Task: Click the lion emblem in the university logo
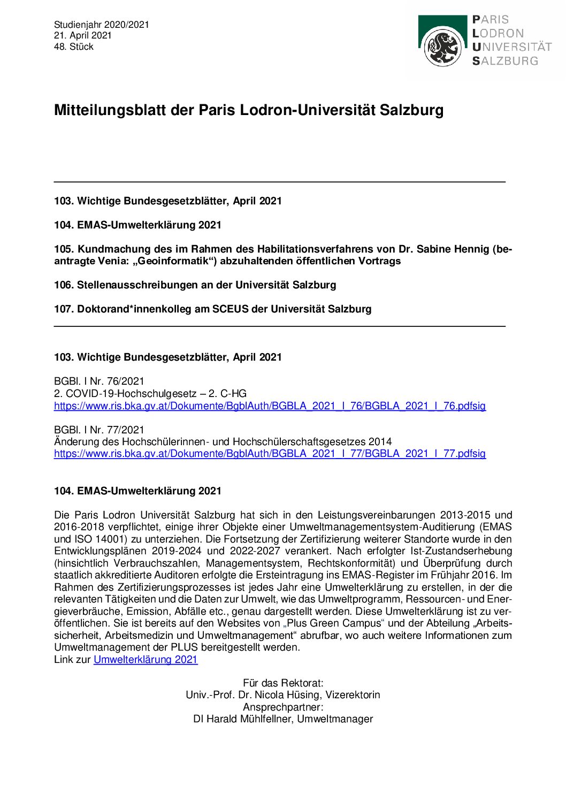point(442,48)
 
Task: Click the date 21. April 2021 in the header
point(82,35)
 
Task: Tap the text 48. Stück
point(73,47)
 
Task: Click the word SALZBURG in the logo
point(505,61)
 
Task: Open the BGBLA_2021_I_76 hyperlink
point(270,406)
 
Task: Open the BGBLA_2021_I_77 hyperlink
point(270,454)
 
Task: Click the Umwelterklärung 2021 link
point(146,659)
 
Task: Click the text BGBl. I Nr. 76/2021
point(99,381)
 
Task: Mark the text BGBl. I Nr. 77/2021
point(99,430)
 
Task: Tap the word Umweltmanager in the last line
point(335,719)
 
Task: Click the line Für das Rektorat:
point(283,683)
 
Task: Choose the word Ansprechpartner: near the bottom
point(283,707)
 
